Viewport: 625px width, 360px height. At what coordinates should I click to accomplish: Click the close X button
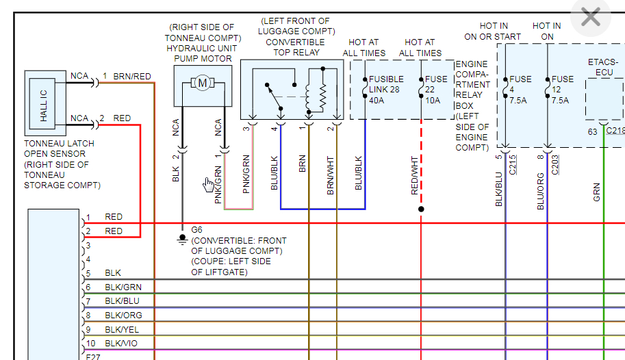pos(590,17)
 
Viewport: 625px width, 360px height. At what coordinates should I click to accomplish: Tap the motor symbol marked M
pos(203,83)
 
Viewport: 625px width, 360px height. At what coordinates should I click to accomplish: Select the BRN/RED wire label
pos(132,76)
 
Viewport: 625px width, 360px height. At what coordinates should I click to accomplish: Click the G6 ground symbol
pos(183,239)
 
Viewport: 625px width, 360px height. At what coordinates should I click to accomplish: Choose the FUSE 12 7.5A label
pos(563,89)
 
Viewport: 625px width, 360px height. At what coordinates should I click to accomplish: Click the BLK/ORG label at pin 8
pos(123,316)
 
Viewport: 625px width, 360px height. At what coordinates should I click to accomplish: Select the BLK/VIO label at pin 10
pos(123,344)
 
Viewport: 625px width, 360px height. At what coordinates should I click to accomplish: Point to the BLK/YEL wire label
pos(123,330)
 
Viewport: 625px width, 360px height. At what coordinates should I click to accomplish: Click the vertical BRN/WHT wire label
pos(331,177)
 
